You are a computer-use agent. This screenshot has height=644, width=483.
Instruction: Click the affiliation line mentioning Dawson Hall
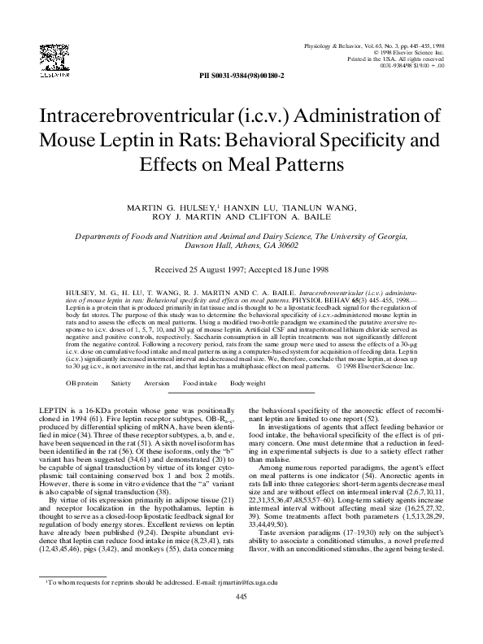pyautogui.click(x=241, y=246)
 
